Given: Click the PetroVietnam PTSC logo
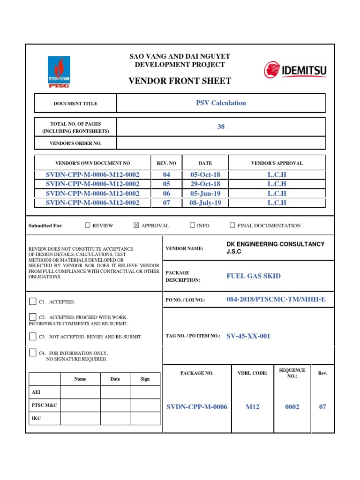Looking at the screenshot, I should pos(59,72).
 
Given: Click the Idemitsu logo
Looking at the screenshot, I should pos(295,71).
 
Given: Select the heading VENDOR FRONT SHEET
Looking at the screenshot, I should pos(180,81).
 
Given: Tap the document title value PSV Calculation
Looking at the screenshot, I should pos(221,103).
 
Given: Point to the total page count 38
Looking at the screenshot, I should pos(221,127).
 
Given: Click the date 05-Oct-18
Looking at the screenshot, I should pos(205,174).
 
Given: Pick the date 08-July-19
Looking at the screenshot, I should pos(205,203).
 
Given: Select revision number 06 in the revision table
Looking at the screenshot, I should pos(166,193).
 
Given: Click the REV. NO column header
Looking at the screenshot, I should pos(166,163).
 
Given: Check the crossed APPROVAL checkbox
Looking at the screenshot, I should pos(136,225).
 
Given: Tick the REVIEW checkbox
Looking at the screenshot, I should pos(88,225).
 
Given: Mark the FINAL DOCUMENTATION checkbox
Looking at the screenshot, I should pos(232,225).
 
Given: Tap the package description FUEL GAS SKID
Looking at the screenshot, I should pos(254,276).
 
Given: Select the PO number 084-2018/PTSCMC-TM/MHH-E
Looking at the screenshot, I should pos(276,299).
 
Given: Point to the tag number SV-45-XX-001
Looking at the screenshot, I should pos(248,336).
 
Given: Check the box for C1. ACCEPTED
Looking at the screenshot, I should pos(32,301).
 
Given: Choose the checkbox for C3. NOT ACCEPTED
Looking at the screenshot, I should pos(32,336).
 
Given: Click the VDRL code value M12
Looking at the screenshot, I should pos(253,407).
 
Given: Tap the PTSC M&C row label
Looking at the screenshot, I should pos(45,405).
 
